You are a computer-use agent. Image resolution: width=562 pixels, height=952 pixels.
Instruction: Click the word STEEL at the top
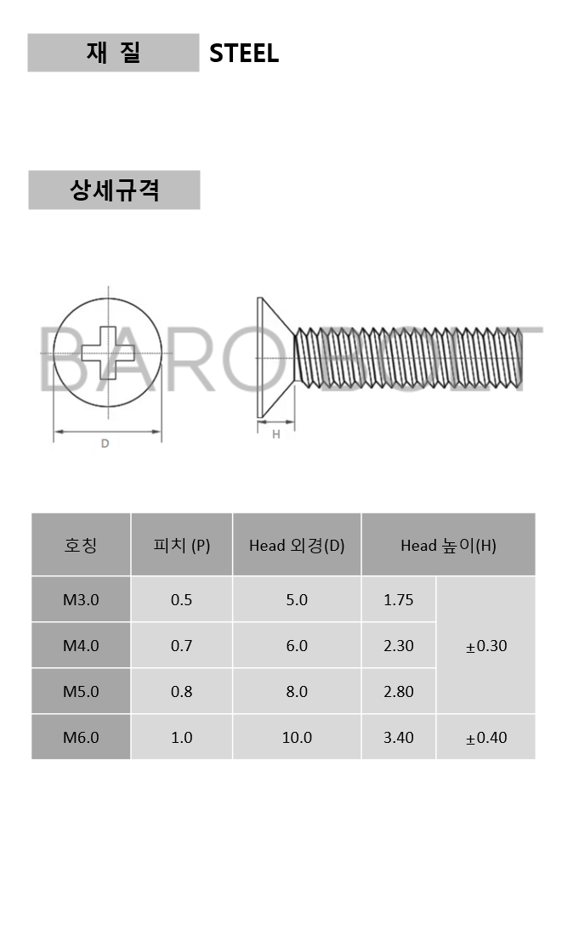click(x=244, y=54)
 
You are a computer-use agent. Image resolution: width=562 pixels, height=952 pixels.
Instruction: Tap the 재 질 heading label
click(x=114, y=53)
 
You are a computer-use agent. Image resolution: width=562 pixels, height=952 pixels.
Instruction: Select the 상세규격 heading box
click(x=114, y=190)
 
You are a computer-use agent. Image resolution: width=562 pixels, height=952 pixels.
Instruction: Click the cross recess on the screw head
click(x=108, y=353)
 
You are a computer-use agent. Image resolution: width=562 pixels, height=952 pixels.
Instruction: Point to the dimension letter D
click(x=105, y=444)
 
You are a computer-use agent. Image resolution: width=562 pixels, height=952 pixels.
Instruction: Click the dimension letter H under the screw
click(x=275, y=434)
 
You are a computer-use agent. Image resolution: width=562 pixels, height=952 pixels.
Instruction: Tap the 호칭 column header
click(x=81, y=545)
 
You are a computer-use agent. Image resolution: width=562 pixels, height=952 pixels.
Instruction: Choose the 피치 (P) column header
click(x=182, y=545)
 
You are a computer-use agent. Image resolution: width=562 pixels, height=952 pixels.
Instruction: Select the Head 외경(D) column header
click(x=297, y=545)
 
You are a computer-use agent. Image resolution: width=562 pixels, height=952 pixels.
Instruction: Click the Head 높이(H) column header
click(x=448, y=545)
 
